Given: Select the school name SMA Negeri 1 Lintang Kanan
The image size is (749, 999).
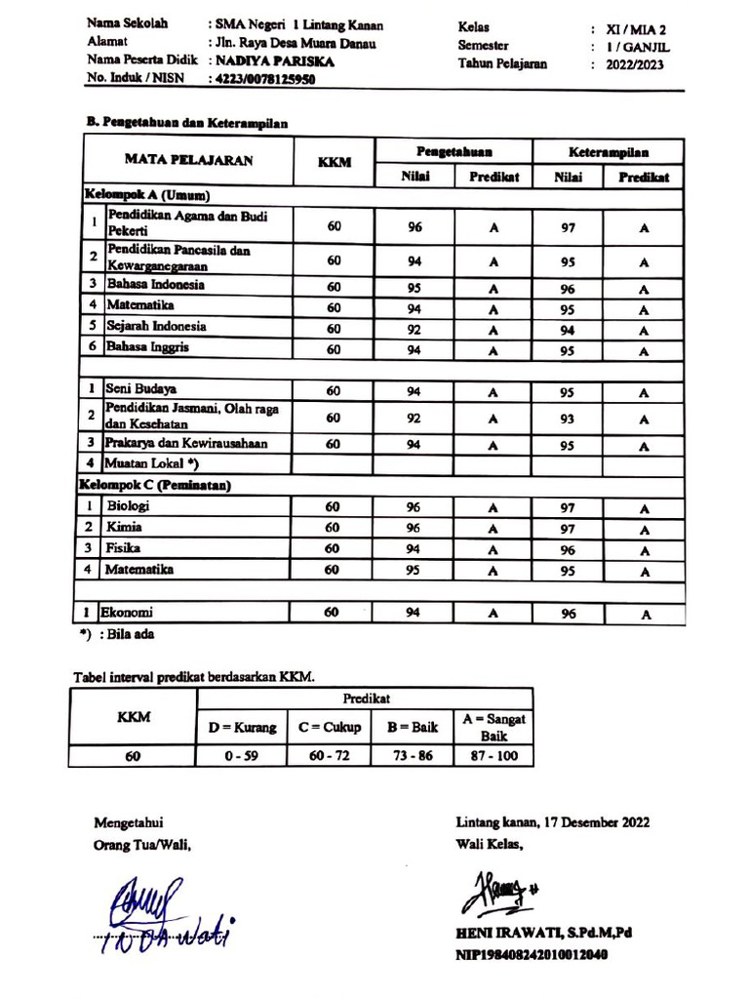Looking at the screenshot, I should (296, 25).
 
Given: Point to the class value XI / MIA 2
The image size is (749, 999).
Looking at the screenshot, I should (636, 29).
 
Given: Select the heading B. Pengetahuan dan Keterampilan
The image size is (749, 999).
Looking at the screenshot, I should (186, 123).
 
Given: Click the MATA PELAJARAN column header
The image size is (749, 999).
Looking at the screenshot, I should (188, 160).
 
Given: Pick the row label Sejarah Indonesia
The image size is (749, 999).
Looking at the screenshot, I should (156, 327).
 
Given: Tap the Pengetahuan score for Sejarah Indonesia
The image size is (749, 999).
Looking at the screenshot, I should (414, 329).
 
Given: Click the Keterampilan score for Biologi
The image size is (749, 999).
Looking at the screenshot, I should (568, 508).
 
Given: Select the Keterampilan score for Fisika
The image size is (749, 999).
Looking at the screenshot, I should (568, 550).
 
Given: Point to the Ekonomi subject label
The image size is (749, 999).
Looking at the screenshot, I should (130, 613).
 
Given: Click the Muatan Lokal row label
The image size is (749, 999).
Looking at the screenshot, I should (152, 463).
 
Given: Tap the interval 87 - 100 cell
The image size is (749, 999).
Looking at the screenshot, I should (493, 755).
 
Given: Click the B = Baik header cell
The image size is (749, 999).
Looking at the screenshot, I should (412, 727).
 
